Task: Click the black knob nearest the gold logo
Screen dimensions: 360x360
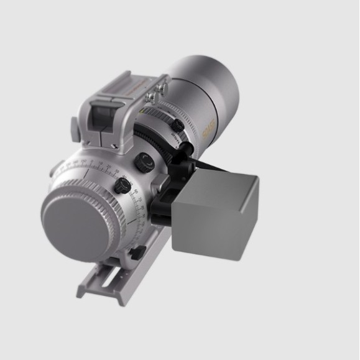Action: pyautogui.click(x=178, y=126)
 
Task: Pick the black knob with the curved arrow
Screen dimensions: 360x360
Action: pyautogui.click(x=144, y=162)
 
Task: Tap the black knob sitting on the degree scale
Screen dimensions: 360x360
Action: pyautogui.click(x=121, y=185)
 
